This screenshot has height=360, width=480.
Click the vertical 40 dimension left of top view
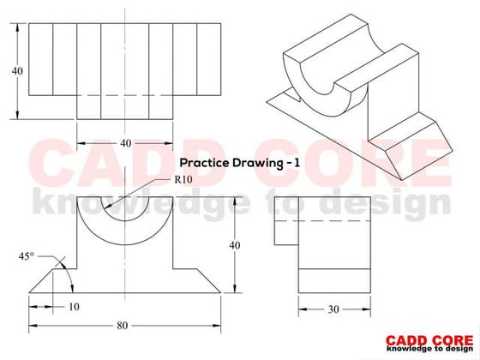pyautogui.click(x=17, y=71)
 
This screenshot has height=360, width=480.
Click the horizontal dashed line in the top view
pyautogui.click(x=126, y=94)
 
